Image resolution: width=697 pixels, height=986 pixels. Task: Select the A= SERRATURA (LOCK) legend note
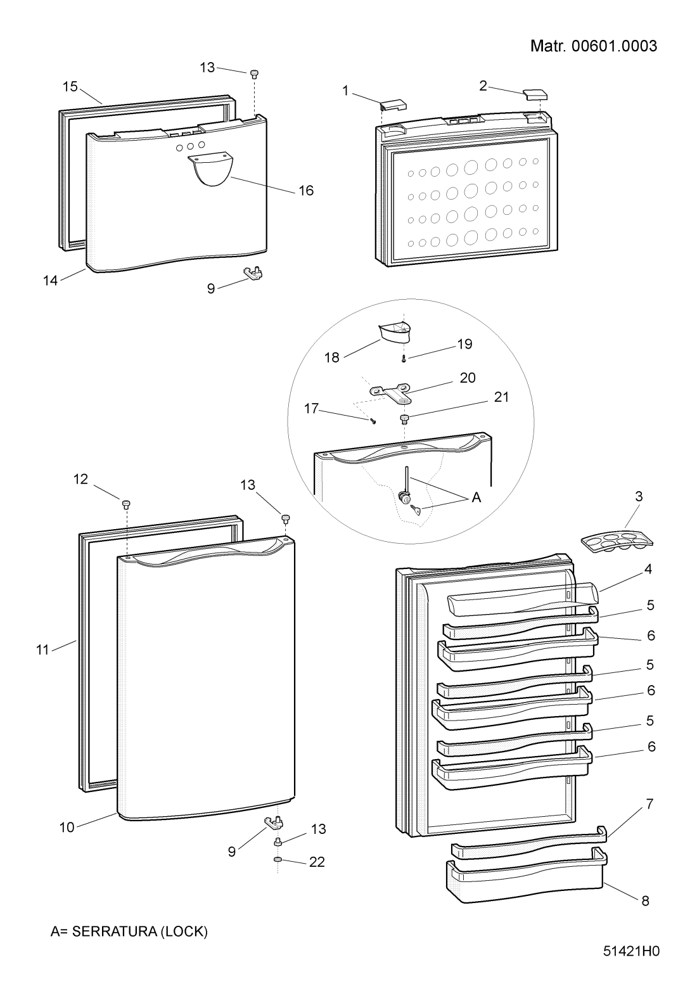click(x=129, y=932)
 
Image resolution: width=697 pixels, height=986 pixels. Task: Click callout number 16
click(x=306, y=190)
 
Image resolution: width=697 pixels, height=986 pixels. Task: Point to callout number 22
click(x=316, y=862)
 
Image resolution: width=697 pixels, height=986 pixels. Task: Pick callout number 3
click(x=639, y=497)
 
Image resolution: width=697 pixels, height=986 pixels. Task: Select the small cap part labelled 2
click(x=535, y=94)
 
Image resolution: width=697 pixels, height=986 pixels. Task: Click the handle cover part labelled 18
click(x=395, y=331)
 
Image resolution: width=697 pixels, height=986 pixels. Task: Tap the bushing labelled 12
click(x=126, y=504)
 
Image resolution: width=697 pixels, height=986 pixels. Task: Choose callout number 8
click(x=645, y=901)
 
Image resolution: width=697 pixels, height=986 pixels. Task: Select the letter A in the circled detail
click(x=475, y=499)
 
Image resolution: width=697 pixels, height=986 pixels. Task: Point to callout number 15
click(x=69, y=85)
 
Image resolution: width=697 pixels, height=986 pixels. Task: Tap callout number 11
click(x=42, y=650)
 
